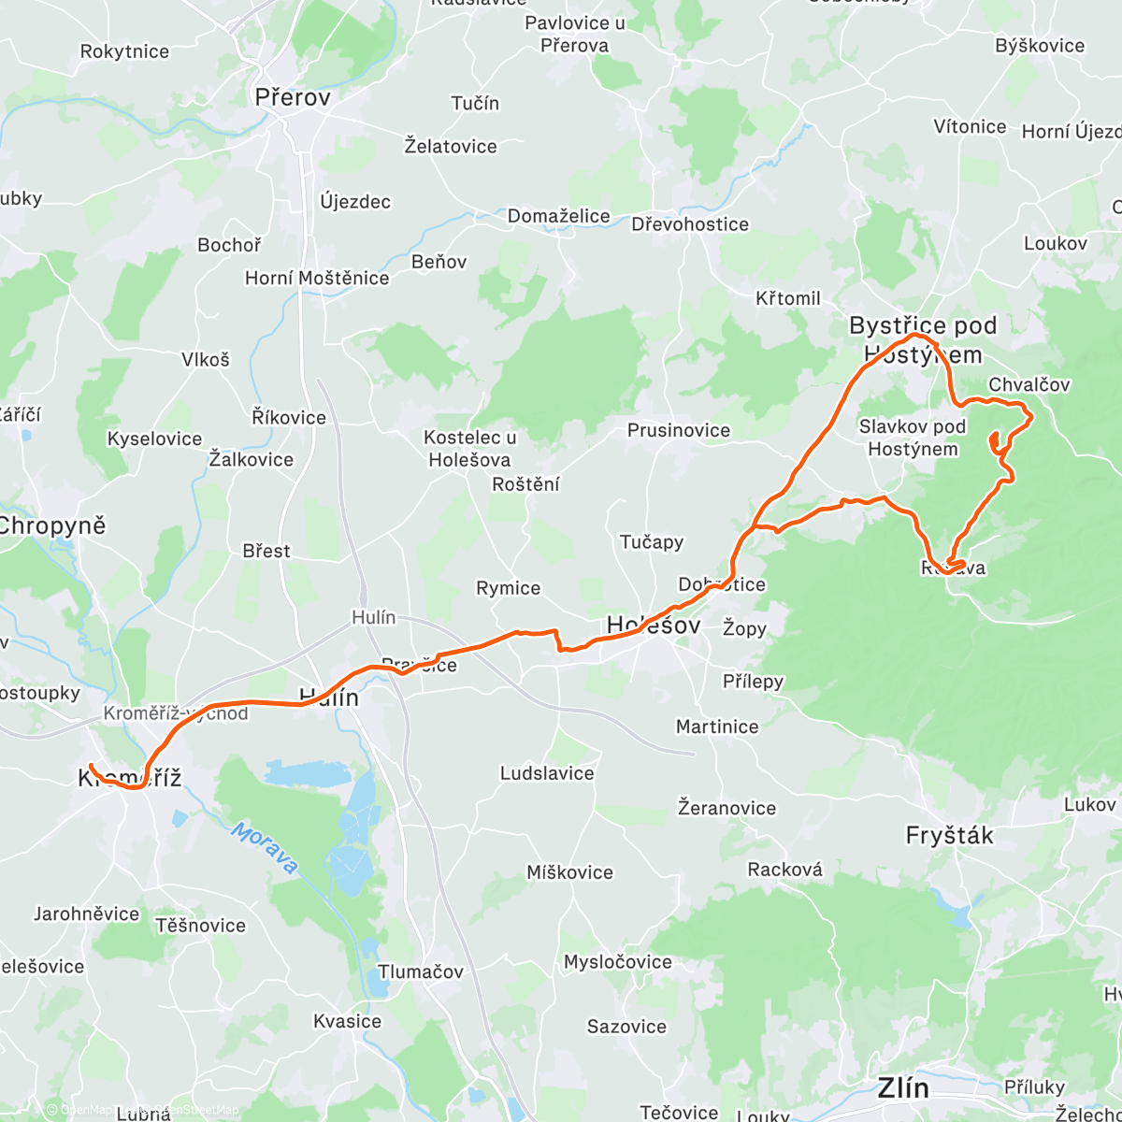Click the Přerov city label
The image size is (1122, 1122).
tap(293, 96)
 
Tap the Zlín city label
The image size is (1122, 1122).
tap(903, 1087)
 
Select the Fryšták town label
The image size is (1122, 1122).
tap(949, 835)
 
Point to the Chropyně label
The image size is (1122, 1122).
tap(51, 525)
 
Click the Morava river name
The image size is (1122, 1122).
tap(266, 848)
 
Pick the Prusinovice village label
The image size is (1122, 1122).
tap(678, 430)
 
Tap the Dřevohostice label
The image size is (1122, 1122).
tap(689, 224)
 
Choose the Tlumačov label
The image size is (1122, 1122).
tap(420, 971)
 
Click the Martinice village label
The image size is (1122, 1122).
tap(717, 726)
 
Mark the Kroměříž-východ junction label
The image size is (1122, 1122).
tap(176, 713)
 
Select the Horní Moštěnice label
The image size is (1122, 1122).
tap(316, 278)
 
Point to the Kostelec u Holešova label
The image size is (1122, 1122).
tap(469, 448)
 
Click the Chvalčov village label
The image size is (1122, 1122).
tap(1028, 384)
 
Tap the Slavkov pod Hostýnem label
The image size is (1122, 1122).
tap(913, 438)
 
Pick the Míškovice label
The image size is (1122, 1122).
tap(569, 872)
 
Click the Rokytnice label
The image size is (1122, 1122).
tap(124, 51)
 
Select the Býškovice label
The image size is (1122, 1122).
tap(1040, 46)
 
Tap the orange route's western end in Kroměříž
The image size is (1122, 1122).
tap(91, 767)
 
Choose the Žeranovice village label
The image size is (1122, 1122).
tap(726, 808)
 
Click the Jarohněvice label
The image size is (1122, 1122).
tap(86, 913)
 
